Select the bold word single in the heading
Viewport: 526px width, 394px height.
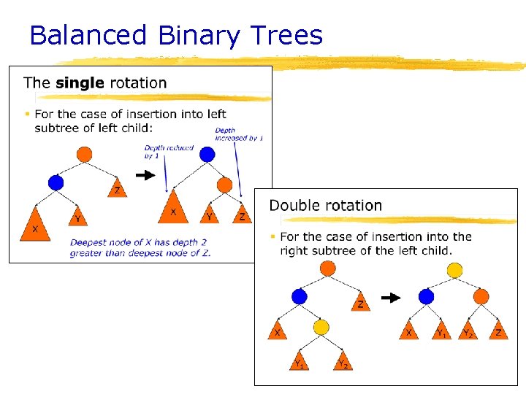click(x=80, y=82)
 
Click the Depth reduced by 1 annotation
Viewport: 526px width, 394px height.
click(x=169, y=151)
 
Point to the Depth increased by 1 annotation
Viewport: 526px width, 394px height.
click(x=239, y=134)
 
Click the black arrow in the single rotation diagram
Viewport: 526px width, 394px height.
click(x=146, y=175)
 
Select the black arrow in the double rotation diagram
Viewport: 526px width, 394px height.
click(x=392, y=297)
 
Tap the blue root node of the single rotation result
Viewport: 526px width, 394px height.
click(x=207, y=154)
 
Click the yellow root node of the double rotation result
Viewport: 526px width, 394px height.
click(x=454, y=271)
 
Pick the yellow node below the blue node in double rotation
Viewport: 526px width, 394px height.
click(x=321, y=327)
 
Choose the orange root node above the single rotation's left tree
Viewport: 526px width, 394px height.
click(x=85, y=154)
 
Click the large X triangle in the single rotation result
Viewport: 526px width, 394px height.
click(x=173, y=207)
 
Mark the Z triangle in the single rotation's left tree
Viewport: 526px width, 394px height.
click(x=117, y=189)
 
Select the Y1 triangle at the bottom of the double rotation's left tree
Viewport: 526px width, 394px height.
click(x=298, y=360)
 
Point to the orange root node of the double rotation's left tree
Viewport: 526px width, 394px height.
click(x=327, y=269)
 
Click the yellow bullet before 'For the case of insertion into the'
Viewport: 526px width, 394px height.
click(x=272, y=236)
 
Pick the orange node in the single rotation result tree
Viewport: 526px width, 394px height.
click(x=225, y=185)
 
